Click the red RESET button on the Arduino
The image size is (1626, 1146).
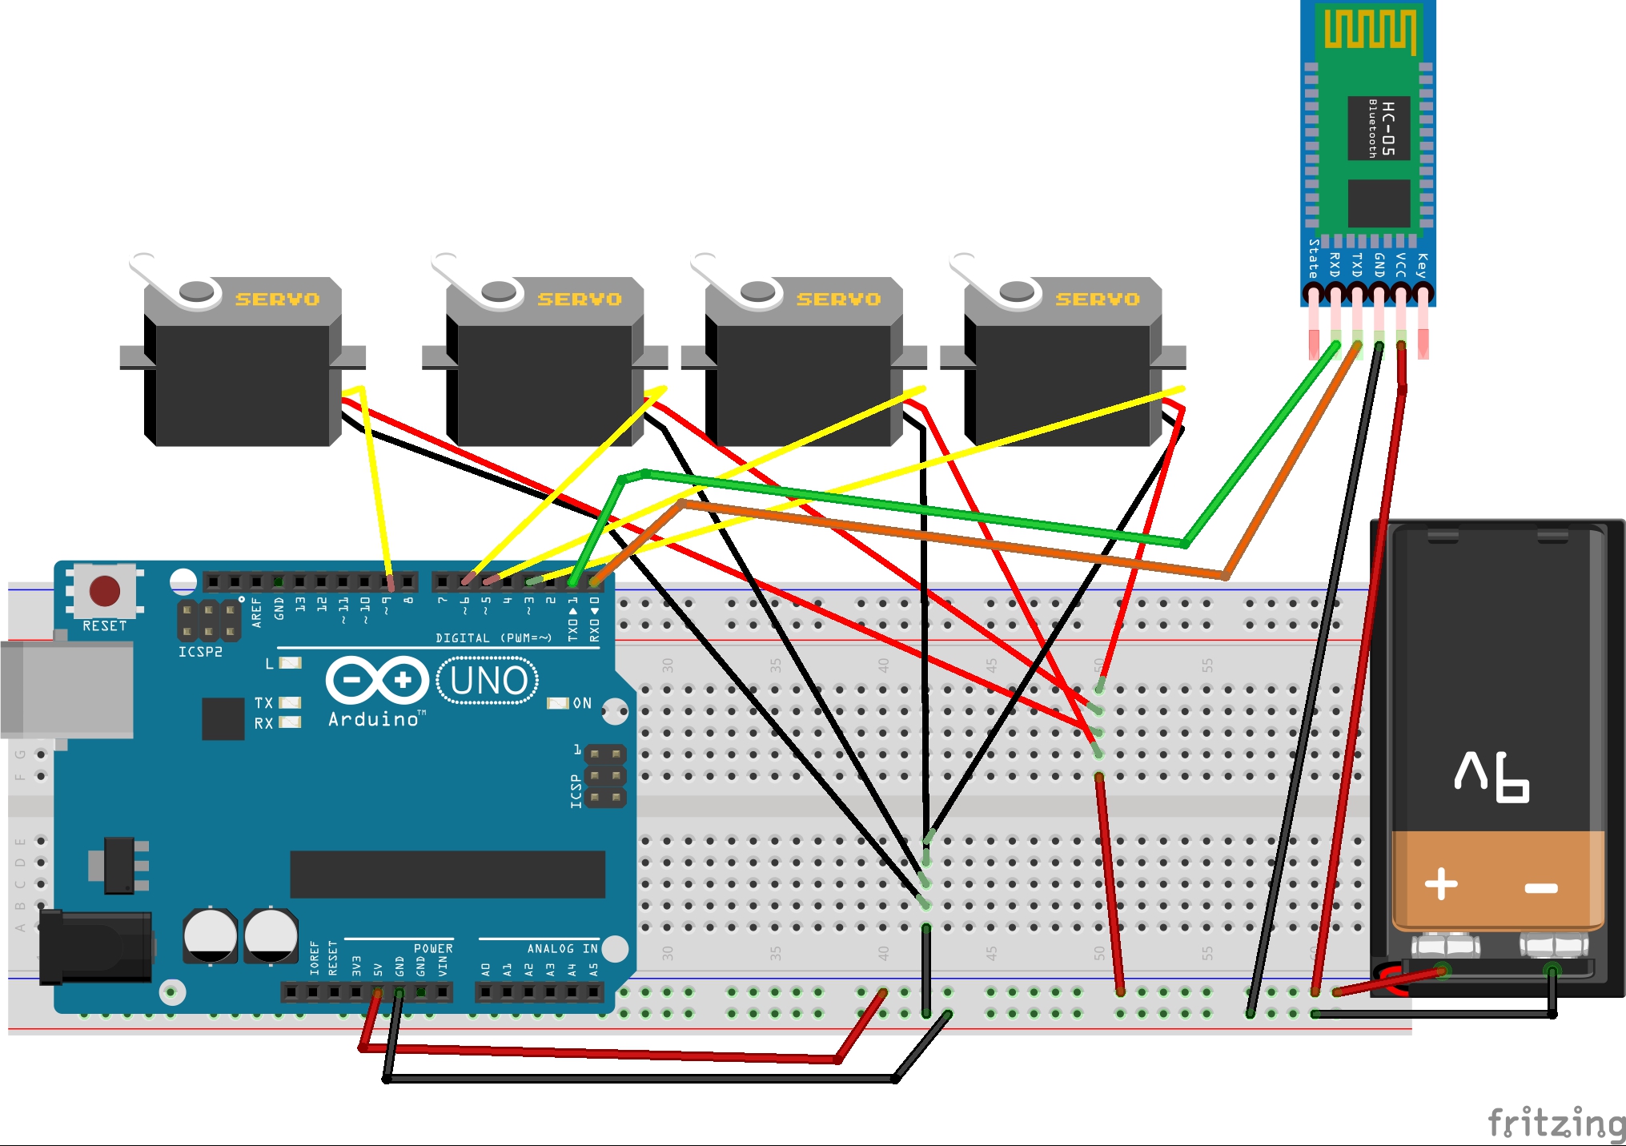[105, 591]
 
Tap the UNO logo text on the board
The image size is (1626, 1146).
[488, 681]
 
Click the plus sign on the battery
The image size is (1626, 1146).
[1441, 884]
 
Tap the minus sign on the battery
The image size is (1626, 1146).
[1540, 887]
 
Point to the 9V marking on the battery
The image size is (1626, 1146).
[1492, 776]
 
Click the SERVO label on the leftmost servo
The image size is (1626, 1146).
[277, 300]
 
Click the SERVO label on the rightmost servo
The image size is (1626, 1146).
[1097, 300]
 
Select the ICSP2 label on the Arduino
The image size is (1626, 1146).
[200, 652]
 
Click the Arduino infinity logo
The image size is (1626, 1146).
[377, 680]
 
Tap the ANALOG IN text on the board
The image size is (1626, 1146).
[562, 948]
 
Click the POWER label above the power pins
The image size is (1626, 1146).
[433, 948]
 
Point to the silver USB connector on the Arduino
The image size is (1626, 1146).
[68, 689]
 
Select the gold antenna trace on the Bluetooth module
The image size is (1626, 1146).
[1369, 29]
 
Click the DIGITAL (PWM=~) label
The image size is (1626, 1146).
[493, 638]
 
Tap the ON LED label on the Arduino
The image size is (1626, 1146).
[582, 703]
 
